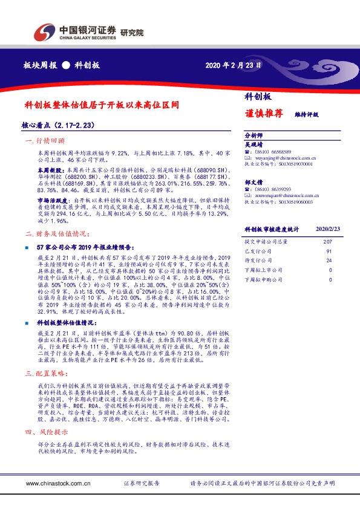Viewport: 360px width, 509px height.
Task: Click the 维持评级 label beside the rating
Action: (x=307, y=114)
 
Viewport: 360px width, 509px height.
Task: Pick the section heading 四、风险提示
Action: (x=42, y=432)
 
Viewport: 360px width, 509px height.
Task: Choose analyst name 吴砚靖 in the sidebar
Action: (x=254, y=144)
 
